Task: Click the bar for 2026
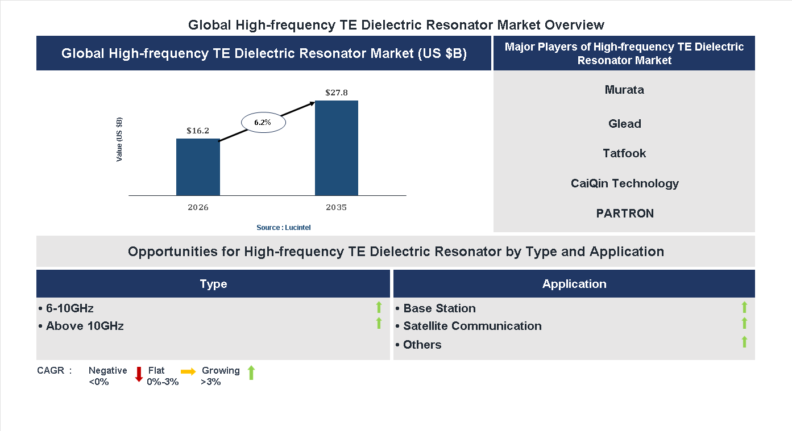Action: [x=198, y=167]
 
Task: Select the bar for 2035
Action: [x=337, y=148]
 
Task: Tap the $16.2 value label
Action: [x=198, y=131]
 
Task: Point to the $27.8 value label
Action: [x=337, y=92]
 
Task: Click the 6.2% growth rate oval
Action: [x=263, y=122]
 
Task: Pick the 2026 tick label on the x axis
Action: [x=198, y=207]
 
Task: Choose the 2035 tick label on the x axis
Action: [x=337, y=207]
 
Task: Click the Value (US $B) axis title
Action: [x=119, y=140]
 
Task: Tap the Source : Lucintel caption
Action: [x=283, y=227]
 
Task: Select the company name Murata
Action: [x=624, y=90]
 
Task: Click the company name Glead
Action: [x=624, y=124]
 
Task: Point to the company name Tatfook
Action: [x=624, y=153]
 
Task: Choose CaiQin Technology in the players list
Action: [x=624, y=183]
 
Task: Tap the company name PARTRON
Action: [x=624, y=214]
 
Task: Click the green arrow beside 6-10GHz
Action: [x=379, y=308]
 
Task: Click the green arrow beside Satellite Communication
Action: [x=744, y=324]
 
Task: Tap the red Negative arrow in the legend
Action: [x=139, y=374]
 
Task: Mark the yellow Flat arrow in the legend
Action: [x=188, y=371]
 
